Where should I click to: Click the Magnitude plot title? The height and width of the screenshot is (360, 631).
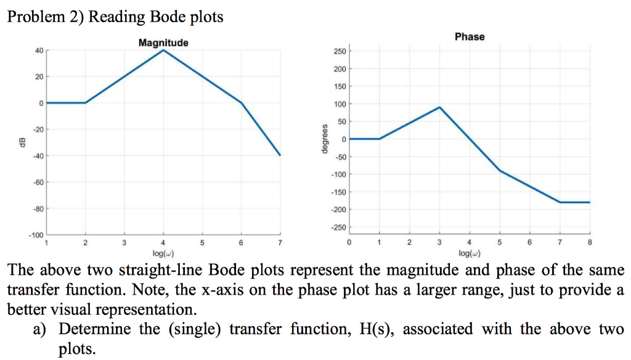coord(163,43)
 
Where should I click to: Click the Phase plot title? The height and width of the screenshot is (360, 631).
coord(470,36)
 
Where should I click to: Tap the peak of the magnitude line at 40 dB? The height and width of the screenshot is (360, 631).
coord(163,50)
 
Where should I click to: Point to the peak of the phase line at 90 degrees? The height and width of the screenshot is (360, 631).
coord(439,107)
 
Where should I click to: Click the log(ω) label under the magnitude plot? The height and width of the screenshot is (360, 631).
coord(163,253)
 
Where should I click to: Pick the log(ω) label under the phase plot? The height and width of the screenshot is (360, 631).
coord(470,253)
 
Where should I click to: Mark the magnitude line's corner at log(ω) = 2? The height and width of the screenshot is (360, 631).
coord(86,102)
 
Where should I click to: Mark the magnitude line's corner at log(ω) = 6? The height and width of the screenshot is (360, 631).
coord(241,102)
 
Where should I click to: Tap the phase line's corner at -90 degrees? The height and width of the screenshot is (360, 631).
coord(500,170)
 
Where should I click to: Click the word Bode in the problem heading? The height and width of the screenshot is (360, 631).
coord(165,16)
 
